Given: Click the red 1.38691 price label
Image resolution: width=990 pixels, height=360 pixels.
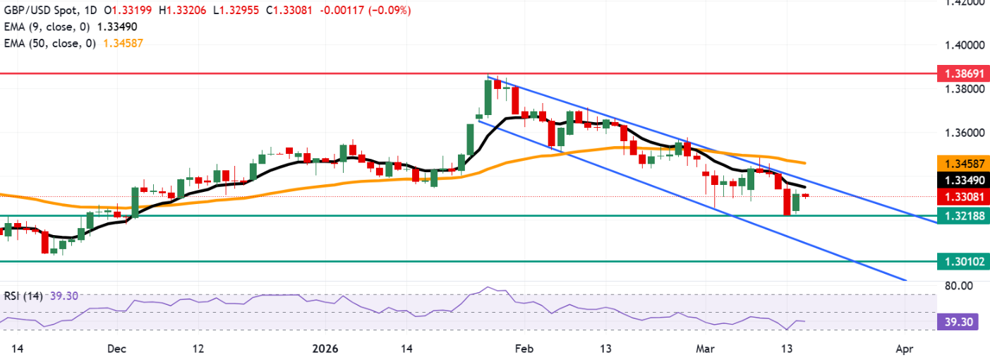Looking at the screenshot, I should (x=961, y=73).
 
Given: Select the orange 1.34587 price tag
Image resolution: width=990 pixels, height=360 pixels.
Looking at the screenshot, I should (x=961, y=163).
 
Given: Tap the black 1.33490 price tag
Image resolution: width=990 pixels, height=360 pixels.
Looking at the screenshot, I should (x=961, y=180).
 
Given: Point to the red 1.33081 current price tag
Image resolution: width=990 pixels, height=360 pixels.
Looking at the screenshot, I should (x=961, y=197).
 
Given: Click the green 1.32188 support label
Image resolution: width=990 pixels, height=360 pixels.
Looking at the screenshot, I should (x=961, y=216).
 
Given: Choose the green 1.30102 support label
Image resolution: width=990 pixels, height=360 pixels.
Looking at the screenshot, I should (x=961, y=261).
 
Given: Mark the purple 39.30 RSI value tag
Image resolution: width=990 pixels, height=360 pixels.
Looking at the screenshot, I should (x=961, y=321).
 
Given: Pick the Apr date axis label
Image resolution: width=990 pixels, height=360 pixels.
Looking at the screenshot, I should (x=904, y=349).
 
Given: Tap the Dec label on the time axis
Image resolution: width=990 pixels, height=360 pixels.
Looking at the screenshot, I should (x=117, y=349).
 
